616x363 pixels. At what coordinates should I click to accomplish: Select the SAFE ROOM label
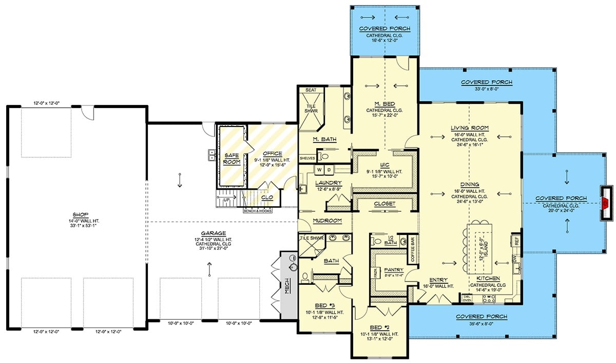click(x=232, y=158)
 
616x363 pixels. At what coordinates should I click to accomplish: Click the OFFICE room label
click(x=272, y=153)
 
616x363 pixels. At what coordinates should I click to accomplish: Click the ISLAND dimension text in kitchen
click(x=482, y=250)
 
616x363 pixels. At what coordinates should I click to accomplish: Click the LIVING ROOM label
click(x=469, y=128)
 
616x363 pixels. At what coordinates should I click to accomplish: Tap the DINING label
click(x=469, y=184)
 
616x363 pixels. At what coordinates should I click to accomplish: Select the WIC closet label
click(x=384, y=165)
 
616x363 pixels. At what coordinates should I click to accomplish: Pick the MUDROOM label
click(x=328, y=221)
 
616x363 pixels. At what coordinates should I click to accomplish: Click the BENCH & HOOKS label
click(x=258, y=210)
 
